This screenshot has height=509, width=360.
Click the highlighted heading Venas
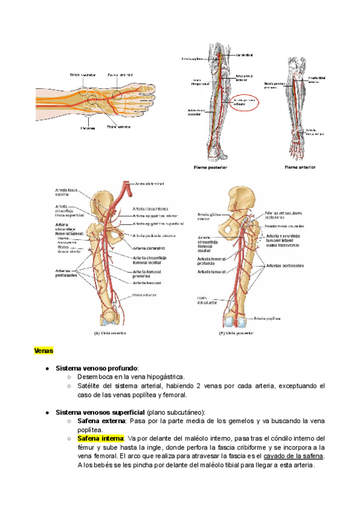point(44,350)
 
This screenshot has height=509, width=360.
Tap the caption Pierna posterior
point(210,167)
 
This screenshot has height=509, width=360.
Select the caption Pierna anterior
point(299,167)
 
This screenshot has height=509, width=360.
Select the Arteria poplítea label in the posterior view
point(268,319)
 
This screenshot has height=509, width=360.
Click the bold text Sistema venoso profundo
point(97,367)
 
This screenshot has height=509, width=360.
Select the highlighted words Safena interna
point(100,438)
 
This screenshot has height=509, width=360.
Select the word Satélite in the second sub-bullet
point(91,386)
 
